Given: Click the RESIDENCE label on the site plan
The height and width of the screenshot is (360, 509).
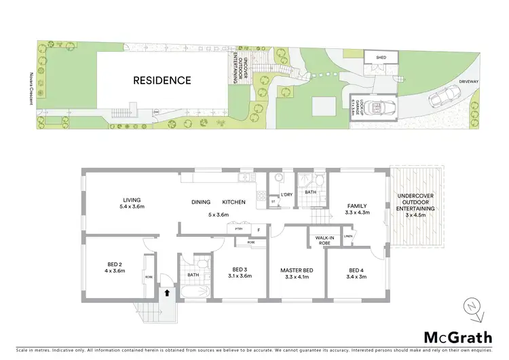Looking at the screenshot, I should (x=162, y=80).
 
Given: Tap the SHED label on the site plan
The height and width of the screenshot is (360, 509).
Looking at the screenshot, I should (x=381, y=58).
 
